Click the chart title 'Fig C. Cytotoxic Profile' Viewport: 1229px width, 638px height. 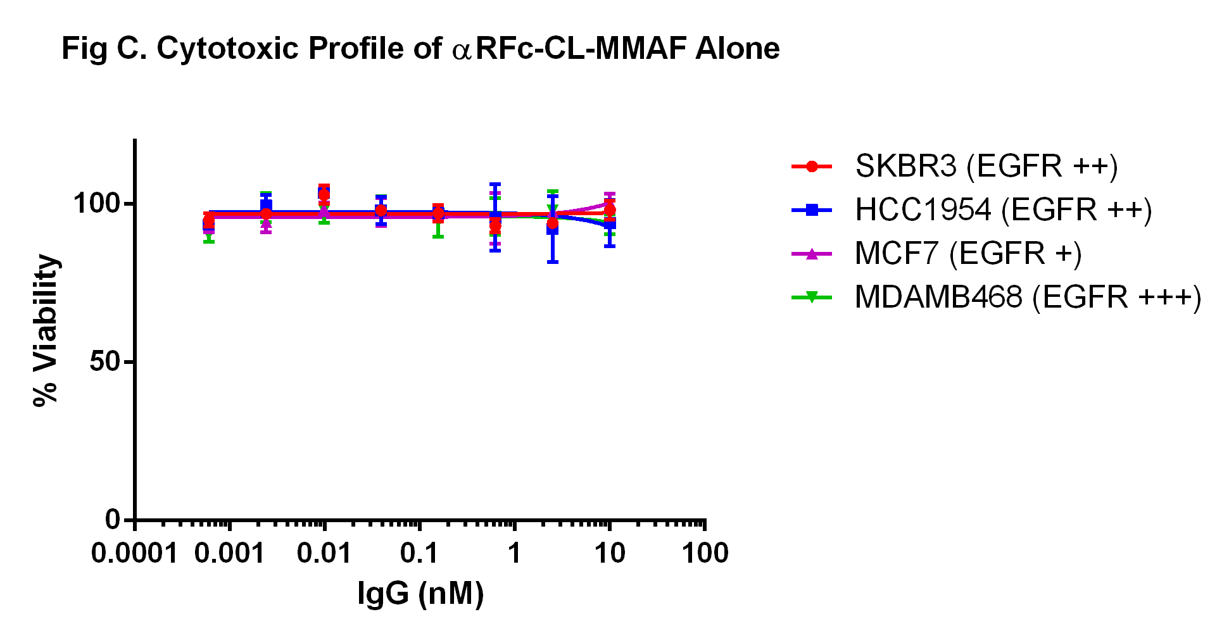pyautogui.click(x=420, y=49)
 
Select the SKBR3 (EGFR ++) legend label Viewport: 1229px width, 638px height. pyautogui.click(x=986, y=166)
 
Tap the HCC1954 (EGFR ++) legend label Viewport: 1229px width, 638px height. pyautogui.click(x=1003, y=210)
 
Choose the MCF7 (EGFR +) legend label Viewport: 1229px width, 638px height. pyautogui.click(x=968, y=254)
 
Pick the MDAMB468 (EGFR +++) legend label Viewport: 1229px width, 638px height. pyautogui.click(x=1028, y=297)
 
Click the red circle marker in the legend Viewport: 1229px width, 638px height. pyautogui.click(x=812, y=166)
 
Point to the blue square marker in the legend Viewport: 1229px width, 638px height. pyautogui.click(x=812, y=210)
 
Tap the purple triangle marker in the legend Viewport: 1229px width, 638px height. pyautogui.click(x=812, y=254)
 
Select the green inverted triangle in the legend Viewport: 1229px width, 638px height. pyautogui.click(x=812, y=297)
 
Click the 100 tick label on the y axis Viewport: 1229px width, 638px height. pyautogui.click(x=96, y=204)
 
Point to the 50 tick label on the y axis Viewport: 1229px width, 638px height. pyautogui.click(x=104, y=362)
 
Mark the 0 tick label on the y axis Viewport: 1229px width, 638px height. pyautogui.click(x=113, y=520)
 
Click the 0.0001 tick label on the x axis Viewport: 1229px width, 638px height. pyautogui.click(x=134, y=554)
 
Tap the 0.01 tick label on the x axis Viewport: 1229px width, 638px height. pyautogui.click(x=324, y=554)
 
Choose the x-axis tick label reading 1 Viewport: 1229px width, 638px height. pyautogui.click(x=514, y=554)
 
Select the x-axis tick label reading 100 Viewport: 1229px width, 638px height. pyautogui.click(x=705, y=554)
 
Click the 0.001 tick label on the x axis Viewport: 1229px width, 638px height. pyautogui.click(x=229, y=554)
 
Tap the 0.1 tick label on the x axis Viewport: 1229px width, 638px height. pyautogui.click(x=419, y=554)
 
